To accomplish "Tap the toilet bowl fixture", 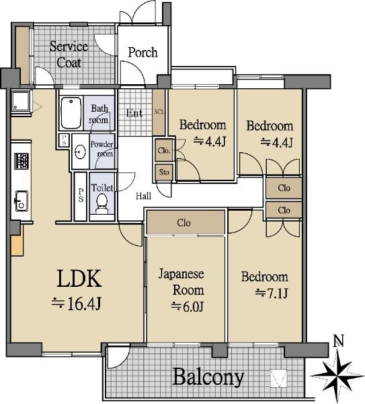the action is (x=102, y=204).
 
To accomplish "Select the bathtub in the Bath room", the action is (x=71, y=112).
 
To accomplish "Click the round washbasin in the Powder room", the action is (x=80, y=151).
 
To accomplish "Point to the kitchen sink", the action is (x=22, y=201).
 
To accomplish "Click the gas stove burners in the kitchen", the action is (x=22, y=161).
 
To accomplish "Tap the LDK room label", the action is (x=79, y=279).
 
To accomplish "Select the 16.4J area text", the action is (x=77, y=304).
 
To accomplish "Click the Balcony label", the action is (x=208, y=377).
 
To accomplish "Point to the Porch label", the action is (x=143, y=53).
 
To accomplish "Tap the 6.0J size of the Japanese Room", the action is (x=188, y=306).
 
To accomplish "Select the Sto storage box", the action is (x=164, y=172).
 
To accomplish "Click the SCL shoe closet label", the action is (x=159, y=112).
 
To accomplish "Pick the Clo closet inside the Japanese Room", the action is (x=186, y=222).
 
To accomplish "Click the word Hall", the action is (x=144, y=196).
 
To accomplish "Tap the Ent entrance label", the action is (x=134, y=113).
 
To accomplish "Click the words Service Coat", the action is (x=69, y=55).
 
